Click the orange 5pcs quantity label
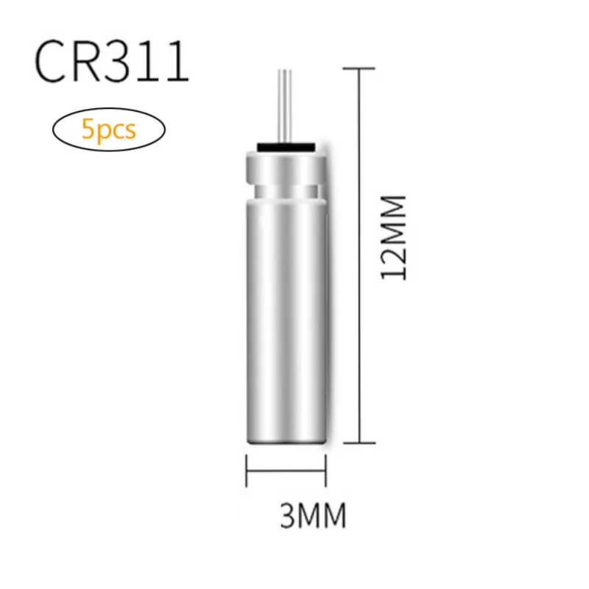pyautogui.click(x=109, y=130)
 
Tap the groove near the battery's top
pyautogui.click(x=285, y=190)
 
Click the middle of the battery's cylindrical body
pyautogui.click(x=285, y=317)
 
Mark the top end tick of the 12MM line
pyautogui.click(x=359, y=68)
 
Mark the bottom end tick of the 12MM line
pyautogui.click(x=359, y=442)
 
